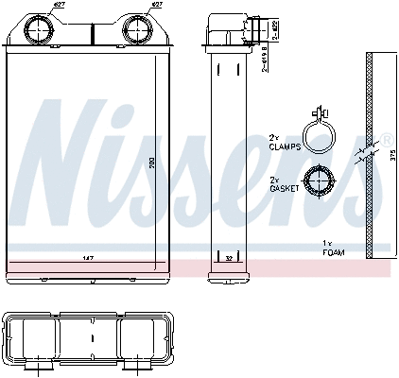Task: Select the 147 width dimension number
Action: tap(88, 257)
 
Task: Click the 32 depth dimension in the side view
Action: tap(228, 257)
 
